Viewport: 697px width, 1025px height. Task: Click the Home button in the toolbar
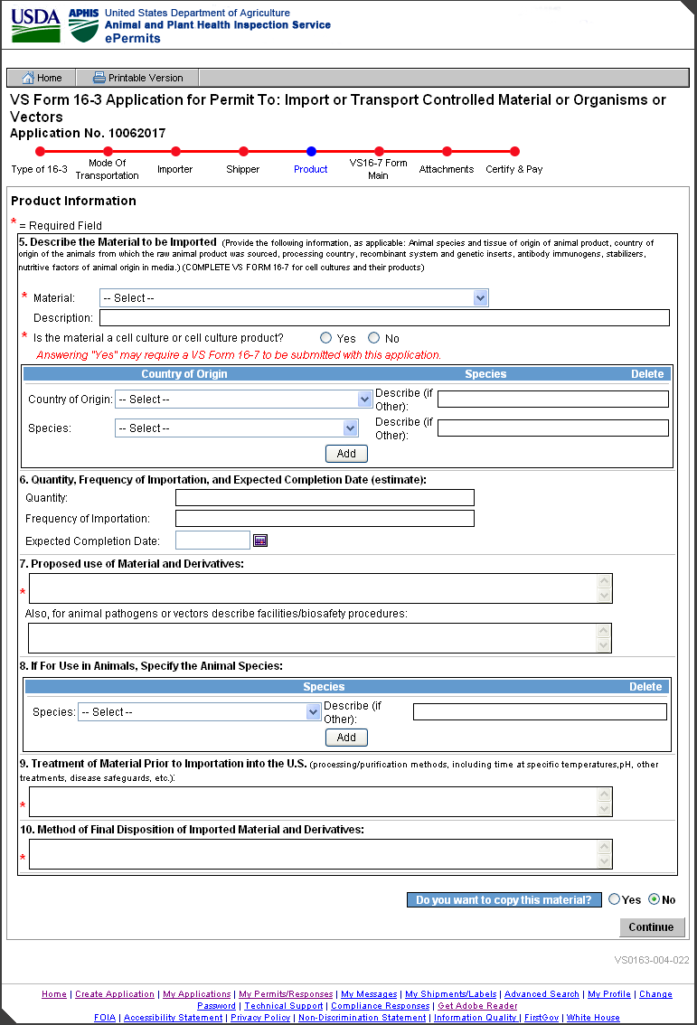[x=42, y=78]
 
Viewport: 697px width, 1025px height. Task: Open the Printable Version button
[x=137, y=78]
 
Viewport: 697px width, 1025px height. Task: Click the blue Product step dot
[x=311, y=152]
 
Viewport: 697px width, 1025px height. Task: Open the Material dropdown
[x=294, y=298]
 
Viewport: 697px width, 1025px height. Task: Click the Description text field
[x=384, y=317]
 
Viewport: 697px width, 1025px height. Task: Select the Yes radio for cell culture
[x=326, y=338]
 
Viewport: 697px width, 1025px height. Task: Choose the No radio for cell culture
[x=374, y=338]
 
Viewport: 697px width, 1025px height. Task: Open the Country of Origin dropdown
[x=243, y=400]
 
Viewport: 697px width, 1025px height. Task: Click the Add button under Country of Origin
[x=346, y=454]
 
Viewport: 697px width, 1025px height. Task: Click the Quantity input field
[x=325, y=498]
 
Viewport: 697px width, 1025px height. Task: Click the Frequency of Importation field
[x=325, y=519]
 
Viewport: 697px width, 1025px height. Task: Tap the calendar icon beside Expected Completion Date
[x=260, y=541]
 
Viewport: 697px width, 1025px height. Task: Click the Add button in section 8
[x=346, y=738]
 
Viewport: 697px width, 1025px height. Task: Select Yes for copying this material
[x=615, y=900]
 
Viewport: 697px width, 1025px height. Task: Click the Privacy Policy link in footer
[x=260, y=1018]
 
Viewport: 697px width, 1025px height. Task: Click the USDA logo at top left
[x=35, y=24]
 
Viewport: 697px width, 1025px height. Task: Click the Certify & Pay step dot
[x=514, y=152]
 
